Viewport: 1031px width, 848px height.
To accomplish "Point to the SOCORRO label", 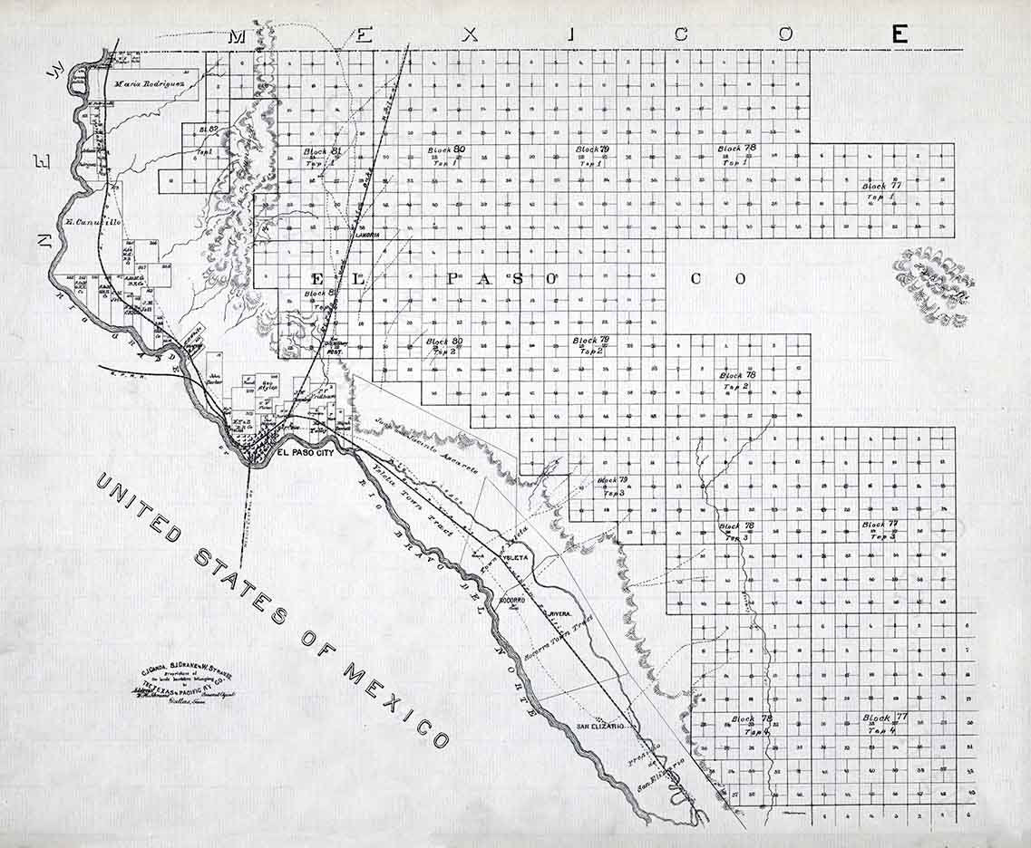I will tap(514, 600).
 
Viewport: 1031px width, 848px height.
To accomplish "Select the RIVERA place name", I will tap(559, 613).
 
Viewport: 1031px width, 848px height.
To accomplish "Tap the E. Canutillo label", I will tap(93, 221).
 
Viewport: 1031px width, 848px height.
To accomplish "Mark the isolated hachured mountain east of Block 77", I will tap(931, 284).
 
